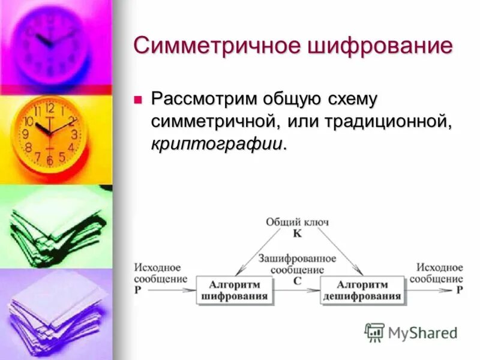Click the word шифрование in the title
(373, 46)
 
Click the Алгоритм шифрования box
(235, 290)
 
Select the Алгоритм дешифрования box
(362, 290)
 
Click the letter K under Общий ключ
(297, 233)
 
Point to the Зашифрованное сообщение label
(297, 263)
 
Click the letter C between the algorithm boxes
(297, 280)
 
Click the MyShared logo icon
(374, 332)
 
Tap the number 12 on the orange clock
(49, 109)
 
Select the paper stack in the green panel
(57, 225)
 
